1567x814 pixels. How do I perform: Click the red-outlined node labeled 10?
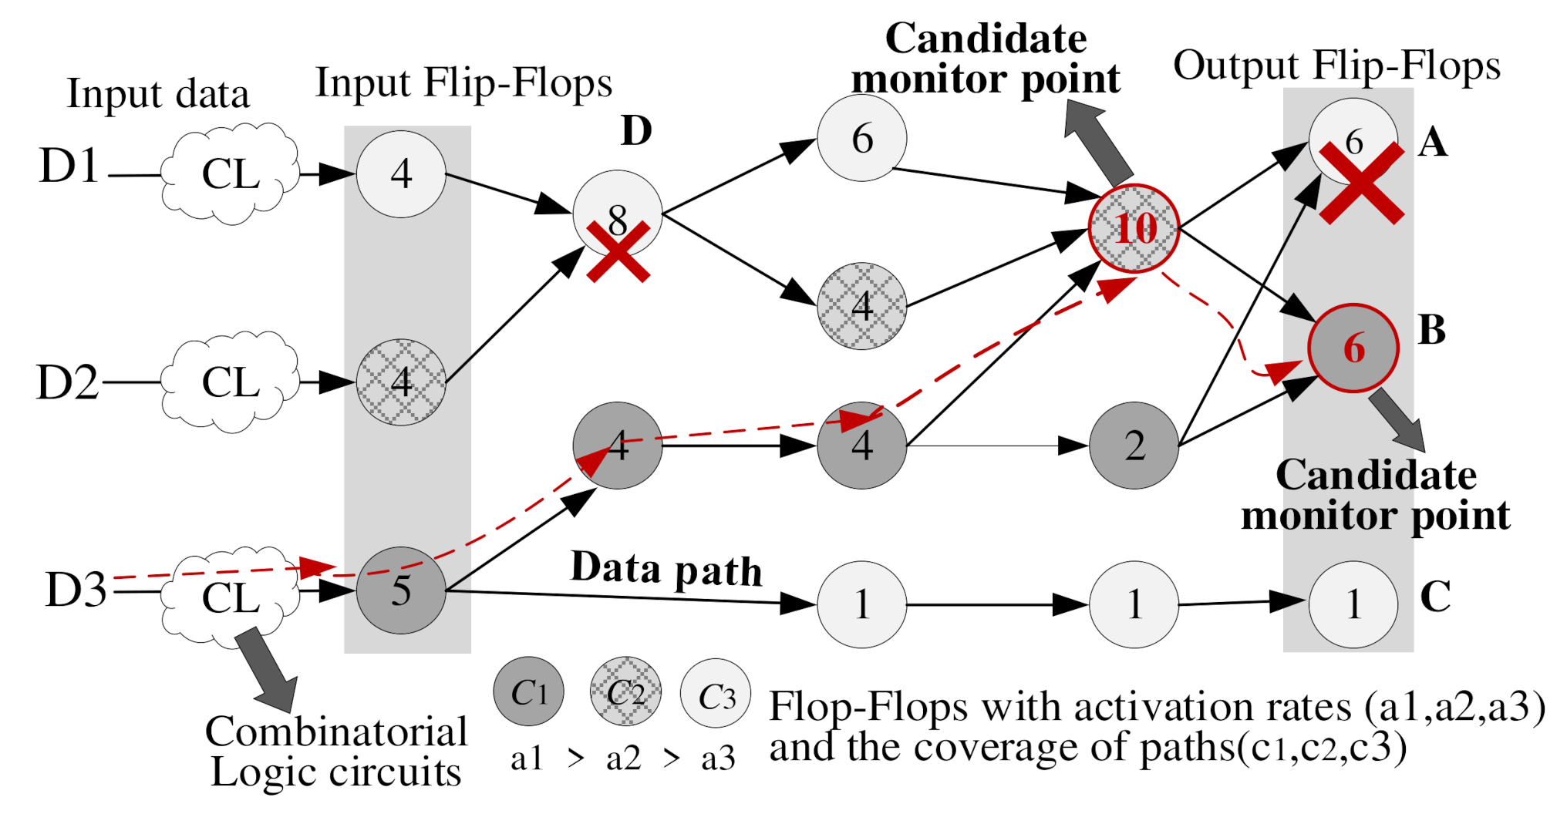(1134, 228)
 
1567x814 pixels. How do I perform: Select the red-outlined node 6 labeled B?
(1353, 348)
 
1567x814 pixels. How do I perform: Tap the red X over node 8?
(618, 251)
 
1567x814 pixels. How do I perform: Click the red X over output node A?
(1361, 183)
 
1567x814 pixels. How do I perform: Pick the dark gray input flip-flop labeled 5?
(401, 590)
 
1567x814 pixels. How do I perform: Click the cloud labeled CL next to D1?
(230, 174)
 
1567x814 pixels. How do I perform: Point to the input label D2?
(68, 382)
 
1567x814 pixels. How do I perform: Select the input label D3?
(76, 590)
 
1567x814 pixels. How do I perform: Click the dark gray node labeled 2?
(1134, 446)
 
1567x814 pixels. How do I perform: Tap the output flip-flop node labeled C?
(1353, 604)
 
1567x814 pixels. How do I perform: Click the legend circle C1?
(529, 692)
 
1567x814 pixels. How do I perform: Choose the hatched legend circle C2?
(625, 692)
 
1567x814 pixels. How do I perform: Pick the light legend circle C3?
(716, 694)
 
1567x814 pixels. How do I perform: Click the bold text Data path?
(666, 569)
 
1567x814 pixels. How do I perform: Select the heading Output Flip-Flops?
(1336, 66)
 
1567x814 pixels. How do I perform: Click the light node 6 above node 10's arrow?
(862, 139)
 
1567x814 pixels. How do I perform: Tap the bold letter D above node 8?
(636, 131)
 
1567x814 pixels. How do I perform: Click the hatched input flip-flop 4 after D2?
(401, 382)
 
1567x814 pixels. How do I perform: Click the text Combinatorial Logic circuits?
(336, 752)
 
